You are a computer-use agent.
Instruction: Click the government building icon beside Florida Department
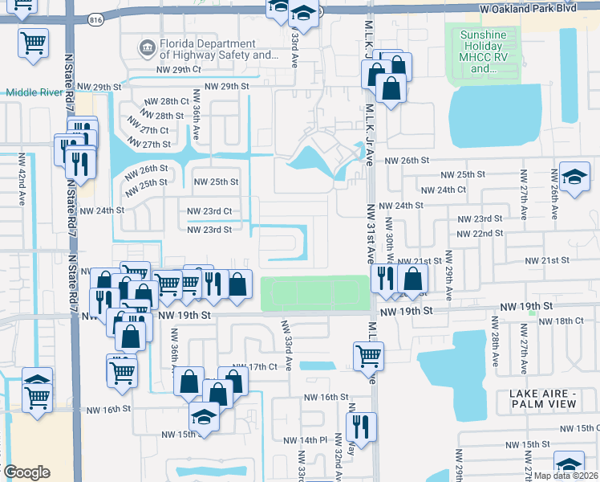click(x=147, y=49)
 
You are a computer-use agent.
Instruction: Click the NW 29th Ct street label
click(x=178, y=70)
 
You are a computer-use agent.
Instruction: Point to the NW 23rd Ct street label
click(x=209, y=211)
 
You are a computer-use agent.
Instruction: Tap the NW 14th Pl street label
click(x=306, y=440)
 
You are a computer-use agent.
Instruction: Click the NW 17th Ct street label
click(x=268, y=366)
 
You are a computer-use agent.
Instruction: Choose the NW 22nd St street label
click(x=479, y=233)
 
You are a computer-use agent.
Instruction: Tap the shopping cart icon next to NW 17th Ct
click(x=368, y=354)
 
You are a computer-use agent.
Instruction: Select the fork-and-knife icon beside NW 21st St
click(x=384, y=279)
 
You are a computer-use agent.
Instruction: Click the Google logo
click(x=26, y=472)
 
